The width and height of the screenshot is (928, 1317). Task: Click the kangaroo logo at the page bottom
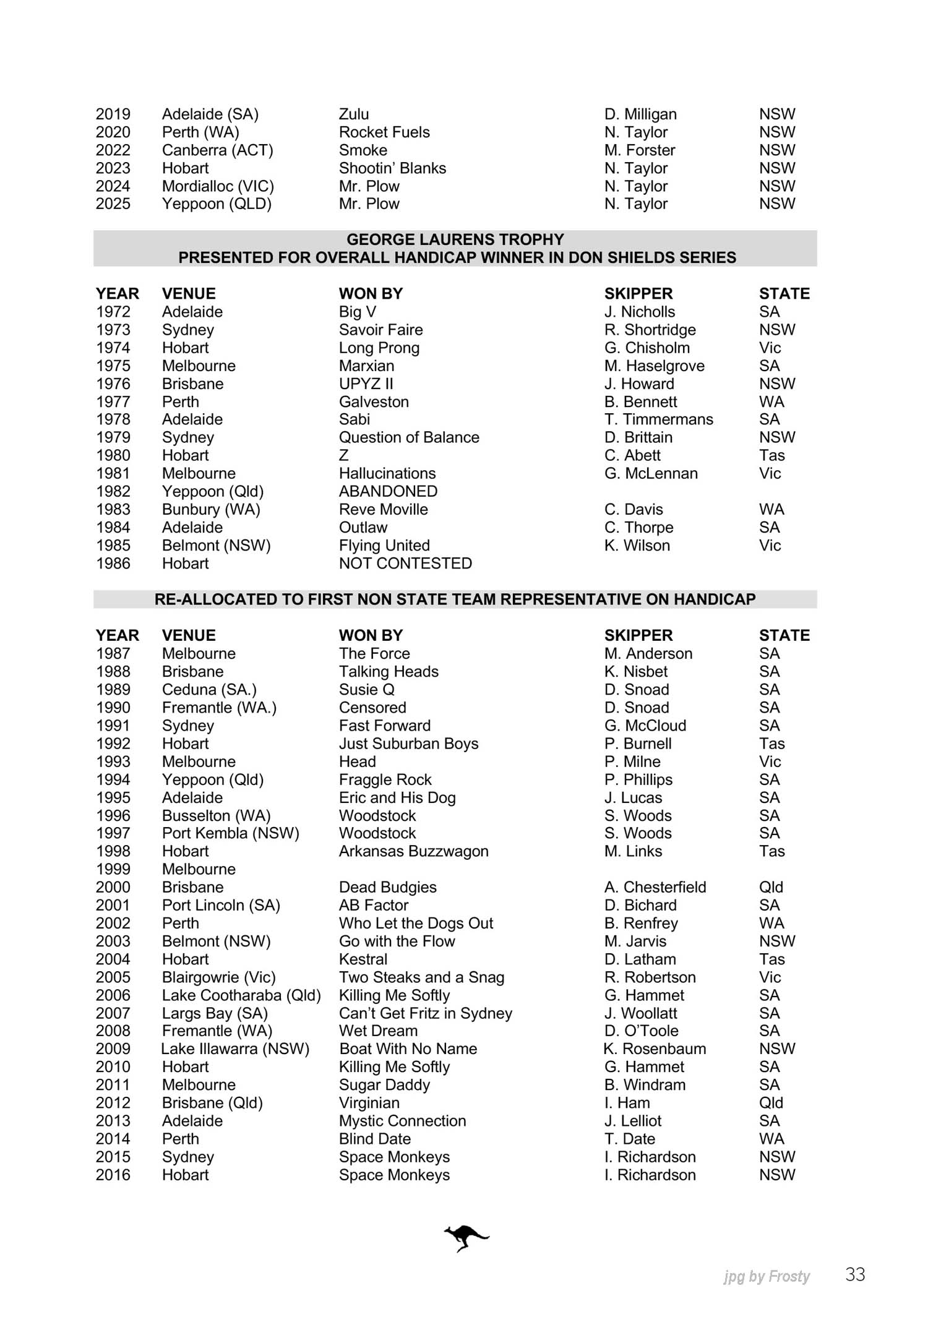pos(466,1238)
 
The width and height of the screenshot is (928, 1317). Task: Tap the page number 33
pos(855,1274)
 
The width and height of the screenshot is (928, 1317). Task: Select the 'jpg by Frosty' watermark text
pos(767,1276)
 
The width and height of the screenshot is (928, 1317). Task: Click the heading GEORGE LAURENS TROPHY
pos(455,239)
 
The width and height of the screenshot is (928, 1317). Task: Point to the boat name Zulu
pos(354,114)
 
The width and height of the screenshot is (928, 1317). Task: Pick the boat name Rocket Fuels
pos(384,132)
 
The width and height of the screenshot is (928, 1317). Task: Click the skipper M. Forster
pos(640,150)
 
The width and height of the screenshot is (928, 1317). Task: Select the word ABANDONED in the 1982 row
pos(388,492)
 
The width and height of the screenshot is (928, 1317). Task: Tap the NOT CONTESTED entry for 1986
pos(405,564)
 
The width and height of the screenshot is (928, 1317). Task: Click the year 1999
pos(113,869)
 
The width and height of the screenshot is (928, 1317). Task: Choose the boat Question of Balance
pos(409,438)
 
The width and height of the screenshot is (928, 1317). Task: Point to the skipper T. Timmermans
pos(658,419)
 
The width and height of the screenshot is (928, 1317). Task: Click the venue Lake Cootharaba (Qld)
pos(241,995)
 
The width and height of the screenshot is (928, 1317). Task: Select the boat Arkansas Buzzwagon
pos(413,851)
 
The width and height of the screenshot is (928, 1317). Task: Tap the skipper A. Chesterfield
pos(655,887)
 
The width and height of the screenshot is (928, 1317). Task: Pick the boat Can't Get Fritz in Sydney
pos(426,1013)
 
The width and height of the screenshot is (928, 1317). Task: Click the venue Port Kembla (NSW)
pos(230,833)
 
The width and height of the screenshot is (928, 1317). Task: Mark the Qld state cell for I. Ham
pos(771,1103)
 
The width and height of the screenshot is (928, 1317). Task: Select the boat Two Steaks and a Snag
pos(421,977)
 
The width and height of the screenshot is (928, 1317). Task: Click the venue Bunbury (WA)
pos(211,510)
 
